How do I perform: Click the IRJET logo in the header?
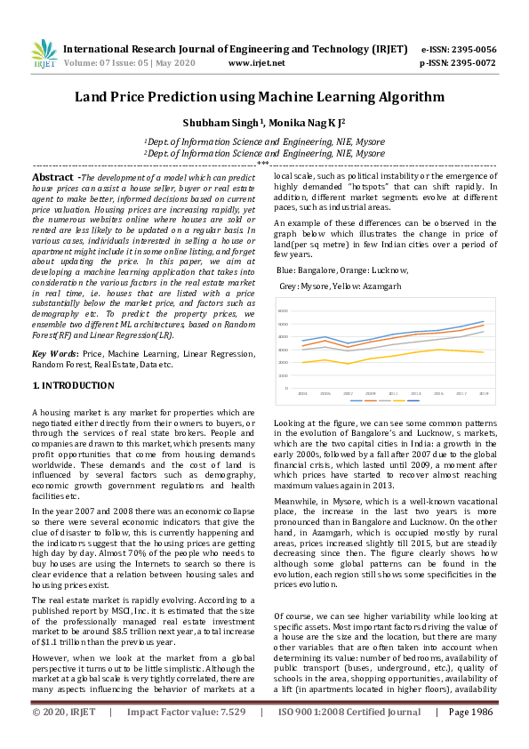44,53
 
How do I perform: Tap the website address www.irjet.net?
256,63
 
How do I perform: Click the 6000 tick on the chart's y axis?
284,310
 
